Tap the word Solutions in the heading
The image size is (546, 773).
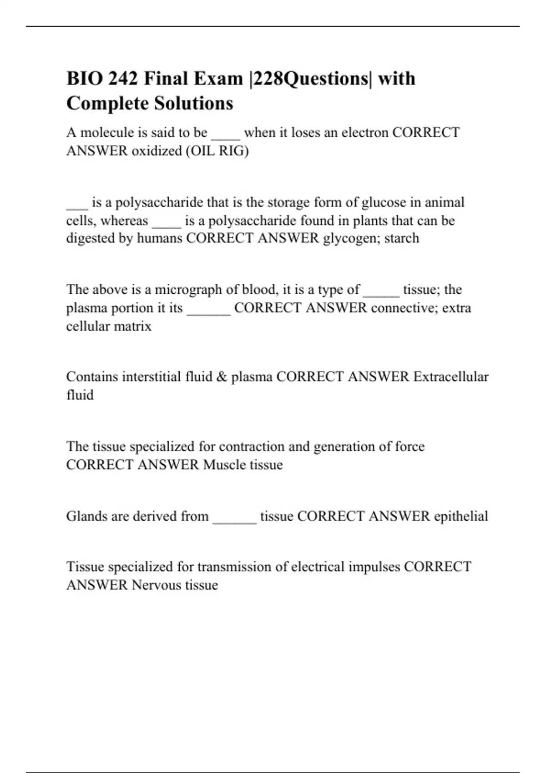(x=193, y=103)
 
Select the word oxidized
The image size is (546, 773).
(x=157, y=151)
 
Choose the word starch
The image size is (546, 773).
(x=402, y=238)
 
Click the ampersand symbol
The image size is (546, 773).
(x=222, y=377)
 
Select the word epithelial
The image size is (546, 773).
(x=460, y=516)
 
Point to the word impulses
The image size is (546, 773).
(x=374, y=567)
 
